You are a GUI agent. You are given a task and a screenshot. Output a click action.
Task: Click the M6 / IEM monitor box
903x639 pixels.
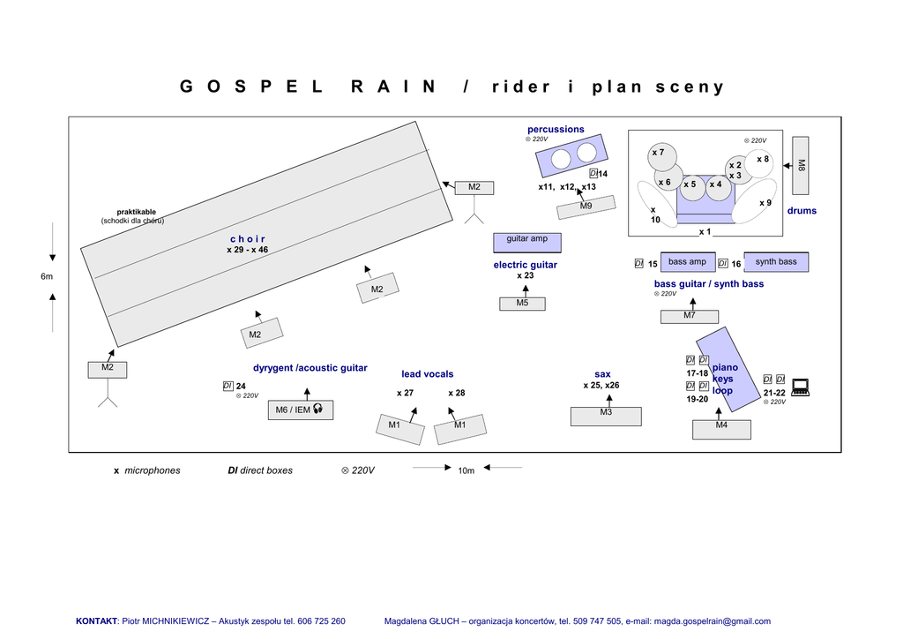click(x=301, y=410)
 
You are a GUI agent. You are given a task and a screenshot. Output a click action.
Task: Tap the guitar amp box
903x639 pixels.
click(x=527, y=243)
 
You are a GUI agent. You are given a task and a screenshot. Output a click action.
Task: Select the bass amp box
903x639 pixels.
click(x=688, y=262)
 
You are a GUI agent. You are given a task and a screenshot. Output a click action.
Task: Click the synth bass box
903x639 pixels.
click(x=776, y=262)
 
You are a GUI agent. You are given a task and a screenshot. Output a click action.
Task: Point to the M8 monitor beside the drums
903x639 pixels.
click(x=801, y=165)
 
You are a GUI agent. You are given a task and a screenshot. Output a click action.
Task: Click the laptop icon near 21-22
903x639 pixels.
click(x=800, y=387)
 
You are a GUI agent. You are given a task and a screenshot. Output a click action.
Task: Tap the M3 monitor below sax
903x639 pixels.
click(x=606, y=416)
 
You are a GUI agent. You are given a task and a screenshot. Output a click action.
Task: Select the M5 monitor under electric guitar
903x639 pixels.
click(x=522, y=304)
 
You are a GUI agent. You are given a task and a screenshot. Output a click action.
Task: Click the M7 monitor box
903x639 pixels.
click(x=690, y=316)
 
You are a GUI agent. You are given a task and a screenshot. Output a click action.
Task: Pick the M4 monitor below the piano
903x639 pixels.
click(x=721, y=429)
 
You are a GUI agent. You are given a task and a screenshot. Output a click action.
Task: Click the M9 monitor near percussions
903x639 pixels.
click(x=586, y=207)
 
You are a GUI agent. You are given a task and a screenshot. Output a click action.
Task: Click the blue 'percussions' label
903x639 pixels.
click(x=556, y=130)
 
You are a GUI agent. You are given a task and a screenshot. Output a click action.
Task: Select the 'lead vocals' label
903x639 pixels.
click(x=428, y=374)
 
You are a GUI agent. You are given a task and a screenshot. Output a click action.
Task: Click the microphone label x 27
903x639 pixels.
click(x=405, y=393)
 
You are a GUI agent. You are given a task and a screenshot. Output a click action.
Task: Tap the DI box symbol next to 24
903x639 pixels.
click(x=228, y=386)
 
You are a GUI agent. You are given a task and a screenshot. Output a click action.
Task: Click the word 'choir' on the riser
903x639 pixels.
click(x=248, y=239)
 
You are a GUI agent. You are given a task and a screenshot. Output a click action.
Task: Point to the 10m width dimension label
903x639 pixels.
click(x=466, y=470)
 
